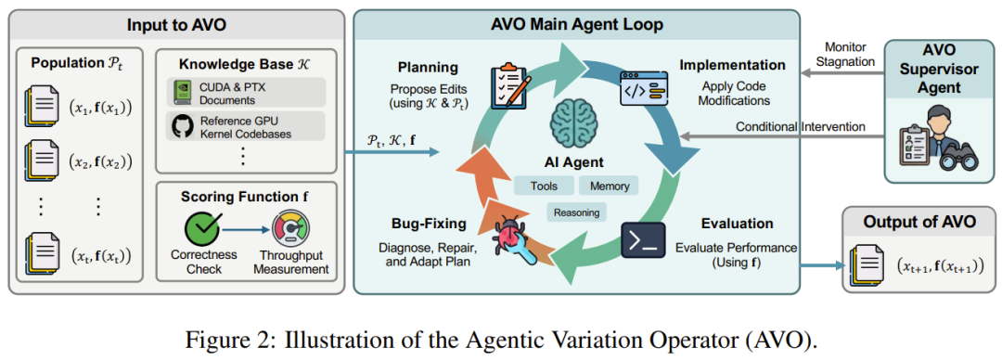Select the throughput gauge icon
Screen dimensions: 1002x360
(289, 229)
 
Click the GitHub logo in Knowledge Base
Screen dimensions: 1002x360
(182, 126)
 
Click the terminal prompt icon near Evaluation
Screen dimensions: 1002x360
(644, 240)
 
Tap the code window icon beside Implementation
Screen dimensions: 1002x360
(644, 87)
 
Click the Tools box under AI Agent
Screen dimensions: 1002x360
(544, 186)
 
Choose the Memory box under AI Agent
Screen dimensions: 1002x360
(609, 186)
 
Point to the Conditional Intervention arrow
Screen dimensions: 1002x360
(782, 135)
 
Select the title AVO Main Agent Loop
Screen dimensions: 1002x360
(576, 25)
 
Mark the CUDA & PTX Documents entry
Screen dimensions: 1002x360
(247, 94)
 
